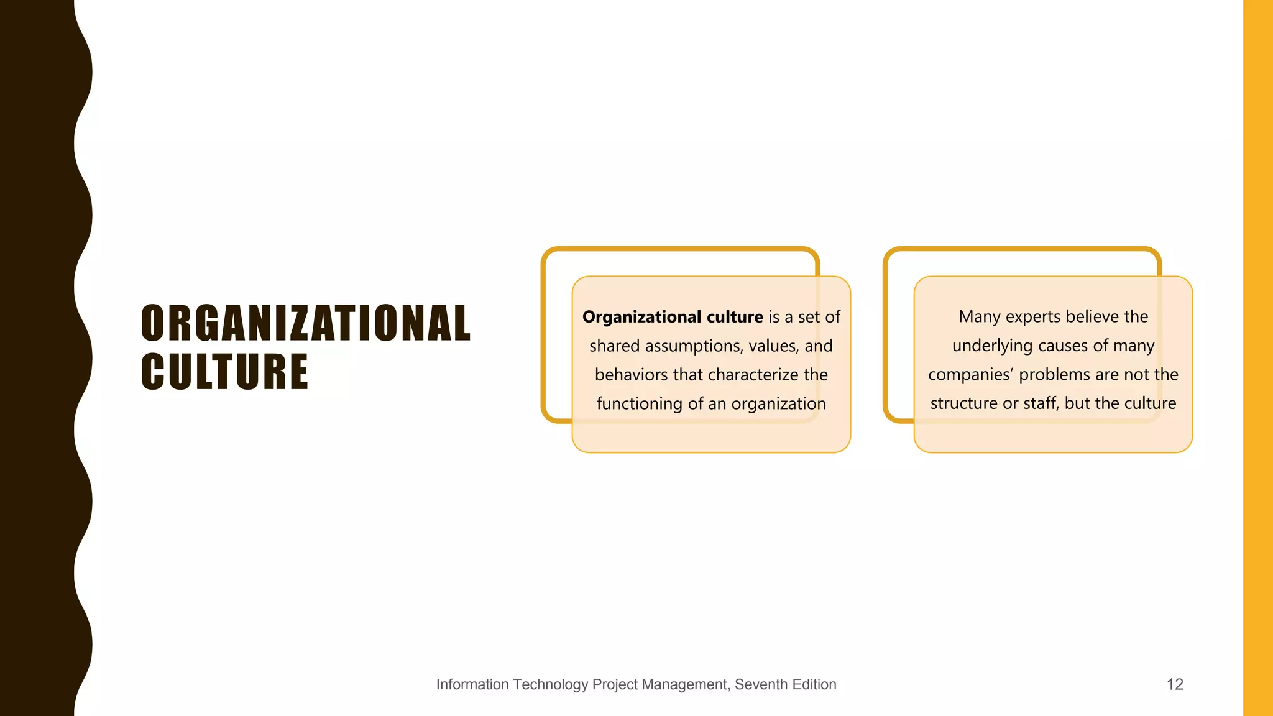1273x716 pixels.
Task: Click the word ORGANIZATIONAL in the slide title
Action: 306,323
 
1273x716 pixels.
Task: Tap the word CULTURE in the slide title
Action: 224,372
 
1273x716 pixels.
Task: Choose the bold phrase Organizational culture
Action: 673,317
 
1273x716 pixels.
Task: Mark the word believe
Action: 1091,317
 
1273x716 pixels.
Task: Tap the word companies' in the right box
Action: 970,375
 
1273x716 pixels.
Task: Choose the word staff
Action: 1039,403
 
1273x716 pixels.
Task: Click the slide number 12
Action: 1175,684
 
